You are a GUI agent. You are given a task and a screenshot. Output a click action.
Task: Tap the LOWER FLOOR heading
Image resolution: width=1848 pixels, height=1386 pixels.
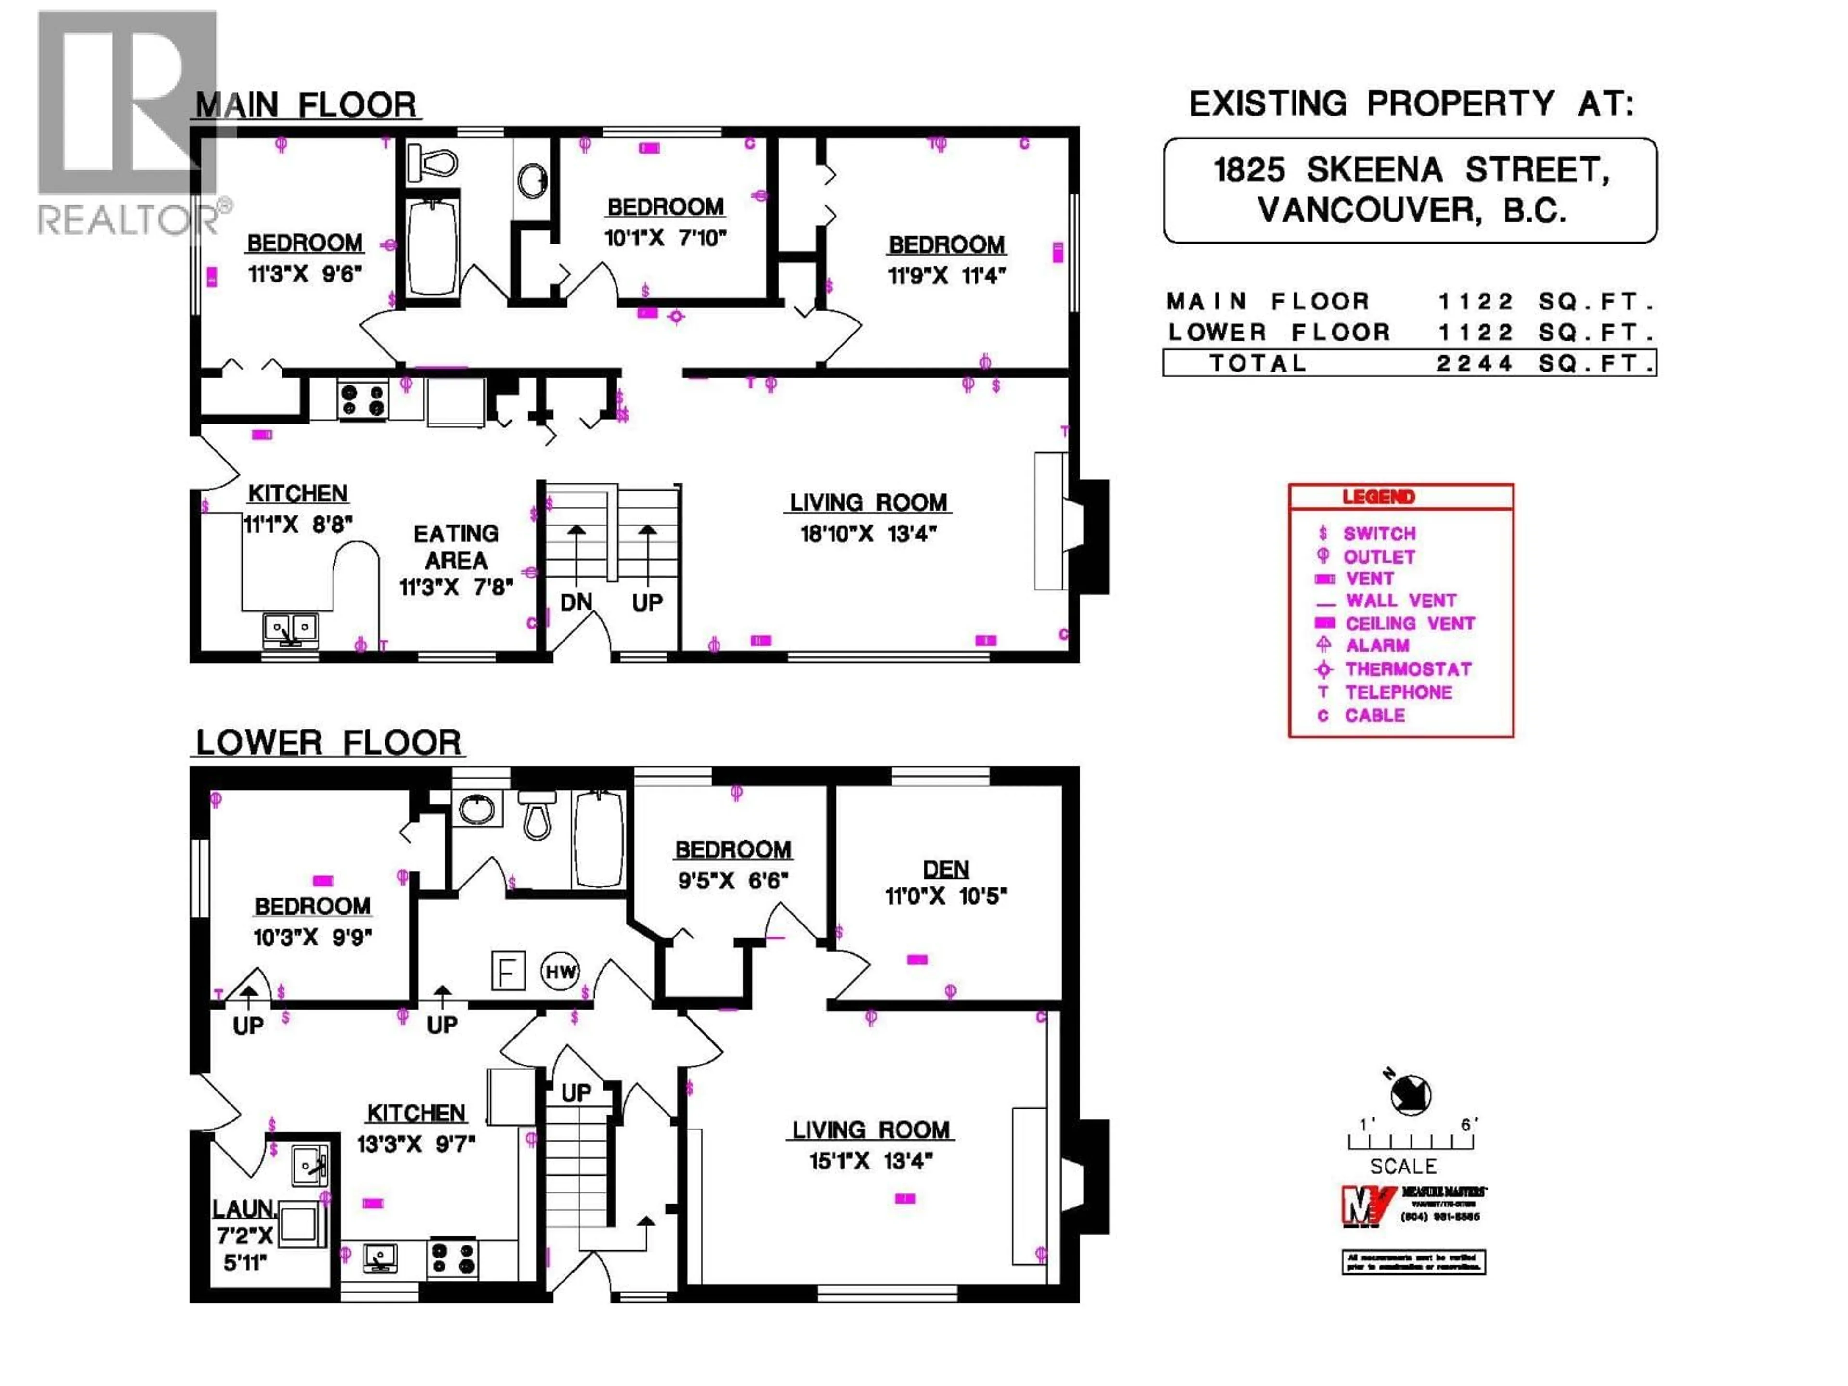pos(328,743)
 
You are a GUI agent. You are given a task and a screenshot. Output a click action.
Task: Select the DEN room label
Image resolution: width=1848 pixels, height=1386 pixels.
pos(946,870)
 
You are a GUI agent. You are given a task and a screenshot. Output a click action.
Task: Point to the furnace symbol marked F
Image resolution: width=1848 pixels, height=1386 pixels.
pos(507,971)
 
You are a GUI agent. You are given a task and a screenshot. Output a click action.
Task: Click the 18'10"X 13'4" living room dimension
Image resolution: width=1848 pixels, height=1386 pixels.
pos(868,533)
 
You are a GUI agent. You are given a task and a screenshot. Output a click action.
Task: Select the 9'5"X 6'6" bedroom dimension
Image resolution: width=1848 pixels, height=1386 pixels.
pos(732,881)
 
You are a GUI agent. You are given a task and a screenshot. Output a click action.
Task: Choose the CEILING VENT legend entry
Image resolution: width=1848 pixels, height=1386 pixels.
pos(1410,623)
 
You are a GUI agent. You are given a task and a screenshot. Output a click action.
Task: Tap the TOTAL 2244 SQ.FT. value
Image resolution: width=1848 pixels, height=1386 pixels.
pos(1475,363)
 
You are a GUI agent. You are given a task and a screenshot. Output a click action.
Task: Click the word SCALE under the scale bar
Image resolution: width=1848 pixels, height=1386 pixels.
pos(1403,1166)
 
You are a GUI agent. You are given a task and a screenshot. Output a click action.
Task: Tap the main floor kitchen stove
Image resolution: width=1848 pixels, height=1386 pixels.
pos(362,399)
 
